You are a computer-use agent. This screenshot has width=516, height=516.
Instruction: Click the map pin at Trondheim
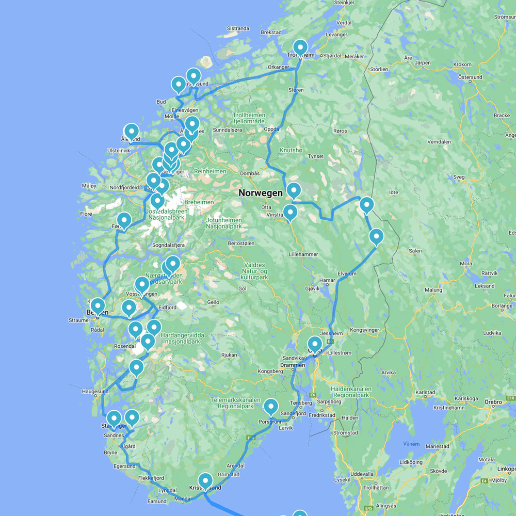(x=300, y=47)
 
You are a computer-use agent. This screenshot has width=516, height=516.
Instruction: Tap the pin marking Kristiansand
(x=205, y=481)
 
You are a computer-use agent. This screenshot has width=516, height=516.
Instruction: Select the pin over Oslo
(x=314, y=343)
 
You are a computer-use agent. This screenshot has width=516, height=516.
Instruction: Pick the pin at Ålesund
(x=132, y=131)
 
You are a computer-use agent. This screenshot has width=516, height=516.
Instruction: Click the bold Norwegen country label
(x=261, y=193)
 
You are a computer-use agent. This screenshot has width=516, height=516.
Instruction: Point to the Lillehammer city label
(x=303, y=254)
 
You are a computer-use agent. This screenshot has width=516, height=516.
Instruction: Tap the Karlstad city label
(x=425, y=392)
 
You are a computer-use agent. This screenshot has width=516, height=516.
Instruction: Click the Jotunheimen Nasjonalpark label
(x=224, y=223)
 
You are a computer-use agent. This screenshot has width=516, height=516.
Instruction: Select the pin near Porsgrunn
(x=270, y=407)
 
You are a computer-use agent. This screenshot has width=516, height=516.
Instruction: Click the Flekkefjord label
(x=151, y=478)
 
